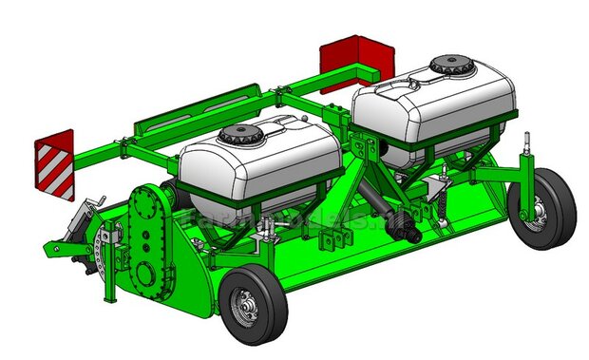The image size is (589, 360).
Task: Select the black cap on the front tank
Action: [239, 135]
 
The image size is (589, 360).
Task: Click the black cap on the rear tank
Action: [449, 66]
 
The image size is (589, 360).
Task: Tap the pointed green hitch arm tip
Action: [47, 252]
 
